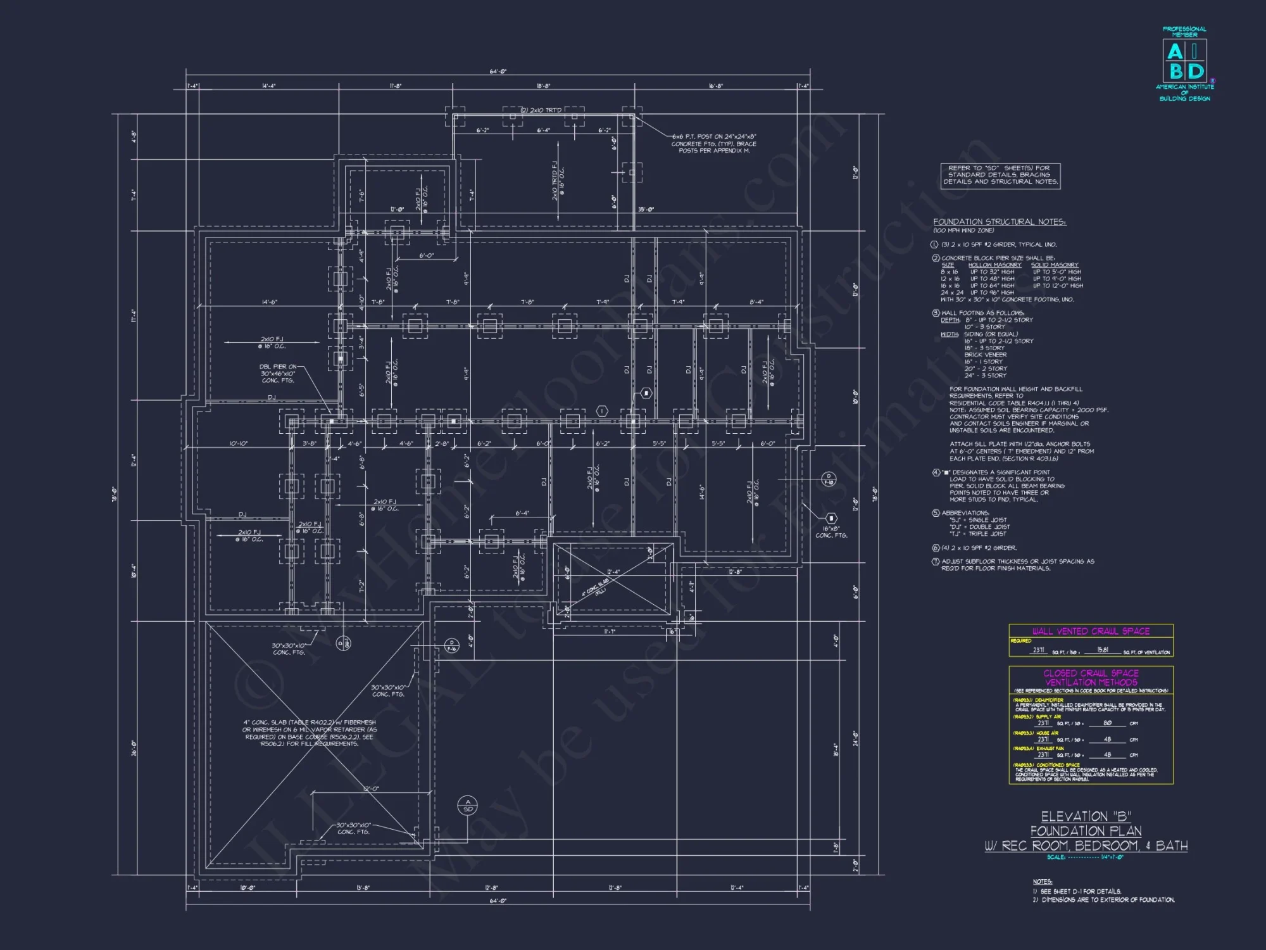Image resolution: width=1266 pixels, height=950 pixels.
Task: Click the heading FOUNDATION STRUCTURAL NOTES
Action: click(x=1000, y=222)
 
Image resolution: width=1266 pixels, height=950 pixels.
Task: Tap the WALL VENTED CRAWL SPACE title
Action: click(x=1091, y=631)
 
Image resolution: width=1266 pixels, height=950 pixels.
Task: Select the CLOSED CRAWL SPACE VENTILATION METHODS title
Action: click(x=1091, y=677)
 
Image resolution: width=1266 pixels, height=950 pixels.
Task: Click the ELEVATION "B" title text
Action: click(x=1086, y=816)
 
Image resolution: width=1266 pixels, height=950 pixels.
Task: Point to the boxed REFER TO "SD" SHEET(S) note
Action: click(x=1000, y=175)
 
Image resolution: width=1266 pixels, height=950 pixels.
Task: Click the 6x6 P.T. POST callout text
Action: click(x=713, y=143)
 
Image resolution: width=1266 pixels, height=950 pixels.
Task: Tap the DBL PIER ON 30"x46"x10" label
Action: click(x=278, y=373)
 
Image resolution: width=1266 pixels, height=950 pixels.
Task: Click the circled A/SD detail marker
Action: click(x=468, y=806)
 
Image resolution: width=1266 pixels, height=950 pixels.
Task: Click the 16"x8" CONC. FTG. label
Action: click(x=831, y=532)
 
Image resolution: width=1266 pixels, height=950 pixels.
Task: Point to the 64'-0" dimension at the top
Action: click(x=498, y=72)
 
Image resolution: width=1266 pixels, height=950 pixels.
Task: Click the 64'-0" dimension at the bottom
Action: click(x=498, y=900)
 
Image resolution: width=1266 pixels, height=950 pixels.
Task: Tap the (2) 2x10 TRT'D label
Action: click(x=541, y=110)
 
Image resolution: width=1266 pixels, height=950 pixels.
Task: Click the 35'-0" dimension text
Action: click(x=646, y=209)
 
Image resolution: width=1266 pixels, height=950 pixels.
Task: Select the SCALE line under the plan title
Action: click(x=1085, y=857)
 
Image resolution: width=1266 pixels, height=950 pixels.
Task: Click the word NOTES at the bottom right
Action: click(x=1042, y=882)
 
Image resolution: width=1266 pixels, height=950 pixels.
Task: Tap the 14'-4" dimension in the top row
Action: click(x=269, y=85)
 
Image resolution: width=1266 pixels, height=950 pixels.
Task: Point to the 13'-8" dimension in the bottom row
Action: click(x=363, y=888)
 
